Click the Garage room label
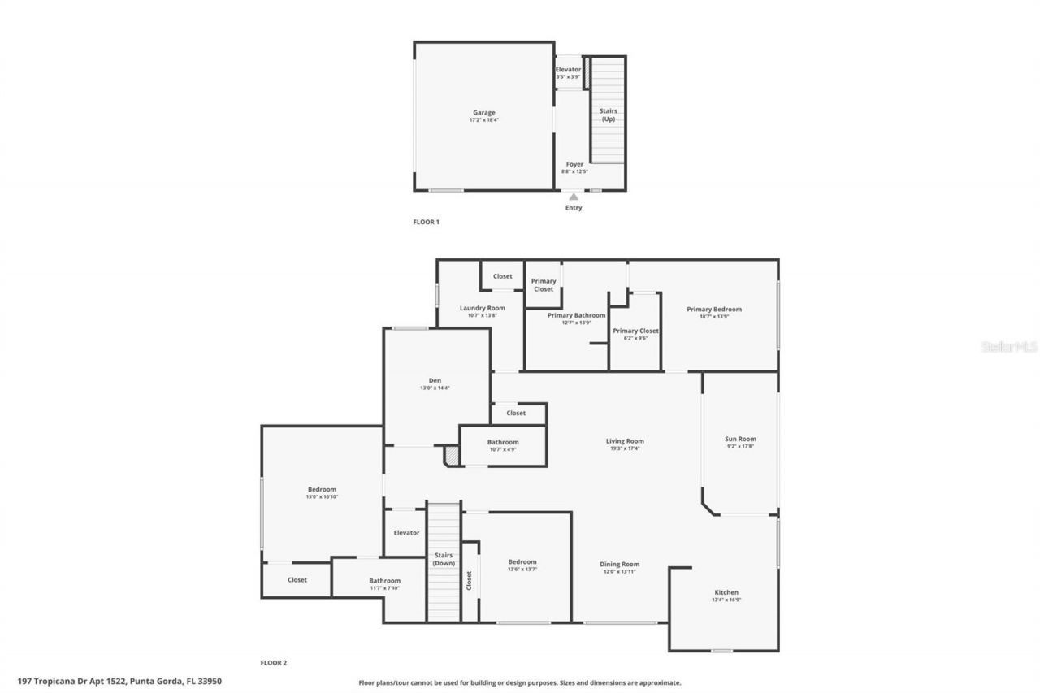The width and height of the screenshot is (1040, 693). click(484, 113)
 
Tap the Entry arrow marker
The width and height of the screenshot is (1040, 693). click(574, 197)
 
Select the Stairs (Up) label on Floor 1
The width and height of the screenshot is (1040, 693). click(608, 115)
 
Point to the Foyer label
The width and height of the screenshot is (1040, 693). click(574, 165)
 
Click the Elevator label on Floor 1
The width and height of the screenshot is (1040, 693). click(568, 70)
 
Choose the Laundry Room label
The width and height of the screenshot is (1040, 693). click(482, 308)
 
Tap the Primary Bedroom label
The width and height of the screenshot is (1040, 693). click(713, 309)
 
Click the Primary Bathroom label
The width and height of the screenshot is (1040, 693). click(576, 315)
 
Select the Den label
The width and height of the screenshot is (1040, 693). click(435, 380)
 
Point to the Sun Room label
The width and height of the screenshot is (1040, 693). click(740, 439)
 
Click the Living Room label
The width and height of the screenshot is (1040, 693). click(625, 441)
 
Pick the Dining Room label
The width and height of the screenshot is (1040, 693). click(619, 564)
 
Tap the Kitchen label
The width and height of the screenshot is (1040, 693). click(726, 592)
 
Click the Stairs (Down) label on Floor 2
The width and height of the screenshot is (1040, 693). click(444, 559)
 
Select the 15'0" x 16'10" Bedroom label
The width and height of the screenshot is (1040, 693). click(322, 489)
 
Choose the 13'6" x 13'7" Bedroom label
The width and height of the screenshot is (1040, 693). click(522, 561)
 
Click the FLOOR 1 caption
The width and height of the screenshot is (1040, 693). click(426, 222)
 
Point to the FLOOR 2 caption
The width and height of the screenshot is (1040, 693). click(273, 663)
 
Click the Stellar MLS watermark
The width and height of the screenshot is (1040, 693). click(1009, 346)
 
